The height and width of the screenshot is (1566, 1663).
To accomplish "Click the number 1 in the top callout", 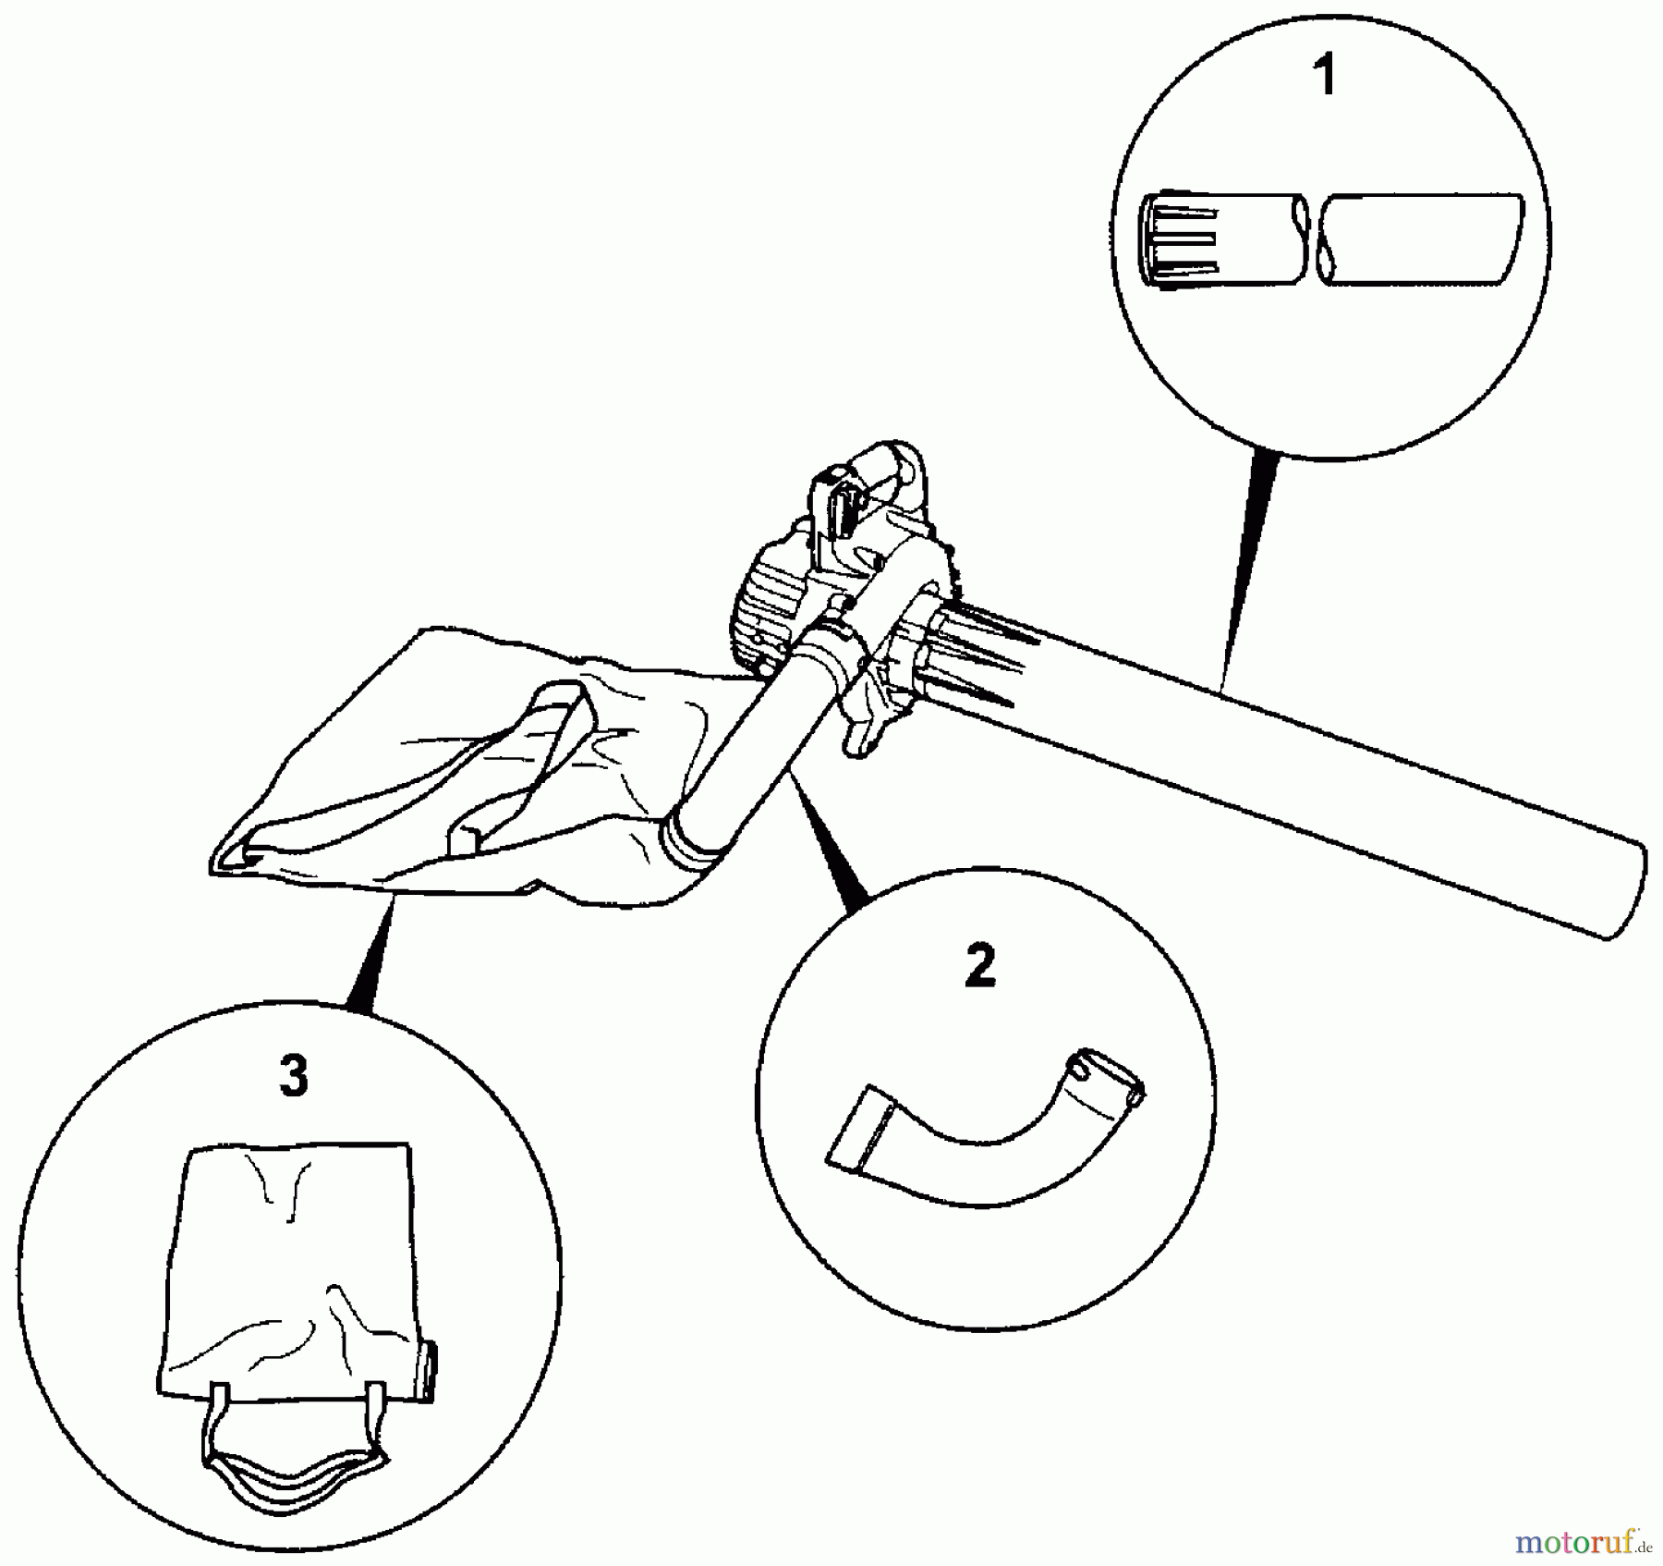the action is pos(1326,76).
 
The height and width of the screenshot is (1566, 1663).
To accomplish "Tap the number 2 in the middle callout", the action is pos(980,966).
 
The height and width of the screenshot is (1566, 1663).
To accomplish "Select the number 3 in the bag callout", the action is pos(293,1077).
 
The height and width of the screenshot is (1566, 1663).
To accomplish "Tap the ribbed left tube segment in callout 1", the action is pos(1220,239).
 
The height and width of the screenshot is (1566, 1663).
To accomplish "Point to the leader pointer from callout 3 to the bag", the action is pos(370,961).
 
